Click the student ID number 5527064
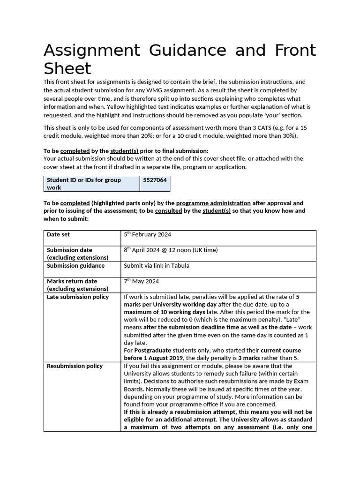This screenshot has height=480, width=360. click(x=155, y=180)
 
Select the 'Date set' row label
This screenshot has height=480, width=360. click(x=58, y=234)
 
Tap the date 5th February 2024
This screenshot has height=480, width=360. click(x=147, y=234)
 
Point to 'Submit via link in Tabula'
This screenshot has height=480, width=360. click(x=156, y=265)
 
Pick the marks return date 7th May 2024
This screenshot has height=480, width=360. click(x=141, y=281)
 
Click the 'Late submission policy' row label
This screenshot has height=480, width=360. click(x=77, y=297)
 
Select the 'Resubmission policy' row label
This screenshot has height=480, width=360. click(x=75, y=366)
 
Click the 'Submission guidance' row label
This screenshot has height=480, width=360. click(x=75, y=265)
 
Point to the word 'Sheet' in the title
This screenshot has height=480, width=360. click(x=67, y=69)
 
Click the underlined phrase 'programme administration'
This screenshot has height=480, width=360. click(x=213, y=203)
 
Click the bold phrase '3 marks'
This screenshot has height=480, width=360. click(x=249, y=358)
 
